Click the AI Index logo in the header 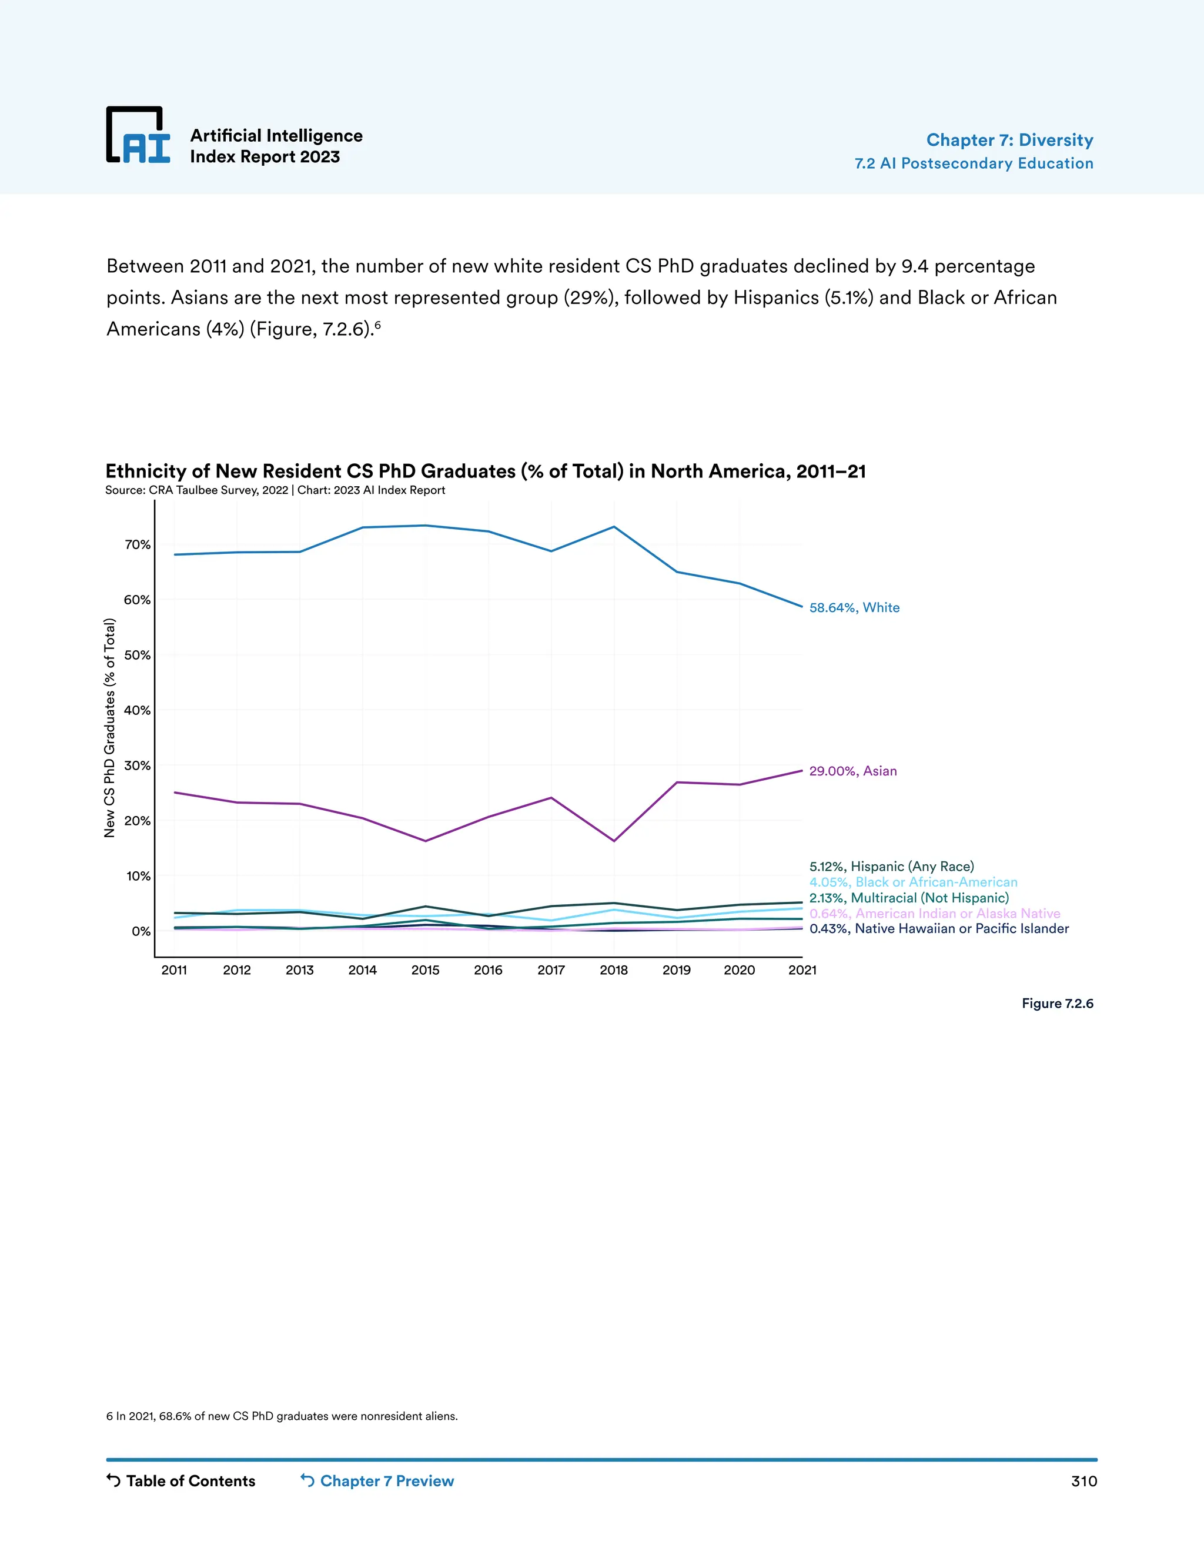138,136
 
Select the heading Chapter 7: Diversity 1009,140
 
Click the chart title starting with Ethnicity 485,471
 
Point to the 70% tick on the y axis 138,544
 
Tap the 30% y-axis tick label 138,765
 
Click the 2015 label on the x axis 425,970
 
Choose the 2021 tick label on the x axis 802,970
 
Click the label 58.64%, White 854,608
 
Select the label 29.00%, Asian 852,771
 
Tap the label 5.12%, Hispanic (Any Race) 891,867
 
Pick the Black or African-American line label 913,882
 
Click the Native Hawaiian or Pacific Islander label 939,929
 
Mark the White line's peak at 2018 614,527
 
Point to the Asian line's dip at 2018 614,840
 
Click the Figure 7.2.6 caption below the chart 1057,1004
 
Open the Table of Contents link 181,1481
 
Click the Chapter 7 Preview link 377,1481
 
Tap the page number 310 1083,1481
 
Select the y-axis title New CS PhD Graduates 110,728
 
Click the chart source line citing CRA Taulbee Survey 275,490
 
